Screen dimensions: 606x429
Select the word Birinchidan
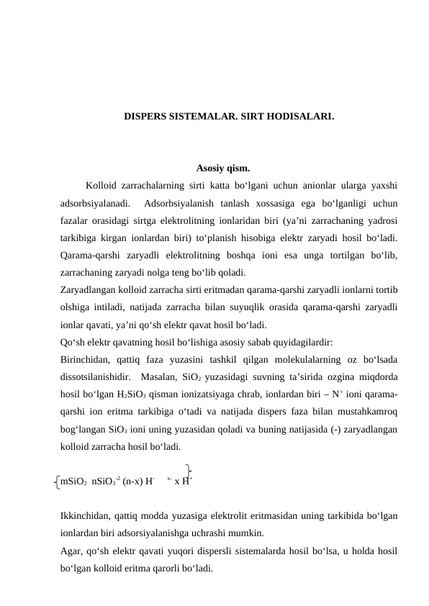(86, 360)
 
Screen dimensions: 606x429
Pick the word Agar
(71, 551)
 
